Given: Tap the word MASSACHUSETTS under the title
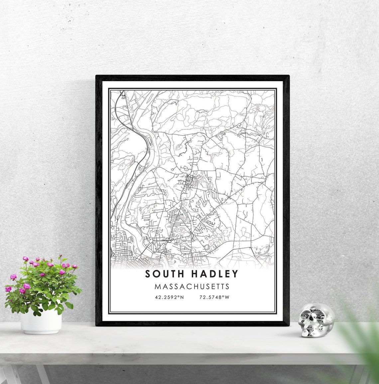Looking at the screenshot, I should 192,287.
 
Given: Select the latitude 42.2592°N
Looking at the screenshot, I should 168,297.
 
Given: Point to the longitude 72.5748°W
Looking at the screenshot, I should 214,297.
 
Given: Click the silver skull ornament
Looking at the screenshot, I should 316,320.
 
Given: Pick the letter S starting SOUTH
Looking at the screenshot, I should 147,274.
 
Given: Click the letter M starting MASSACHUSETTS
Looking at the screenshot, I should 157,287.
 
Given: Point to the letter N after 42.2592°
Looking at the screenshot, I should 182,297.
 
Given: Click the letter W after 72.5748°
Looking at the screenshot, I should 227,297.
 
